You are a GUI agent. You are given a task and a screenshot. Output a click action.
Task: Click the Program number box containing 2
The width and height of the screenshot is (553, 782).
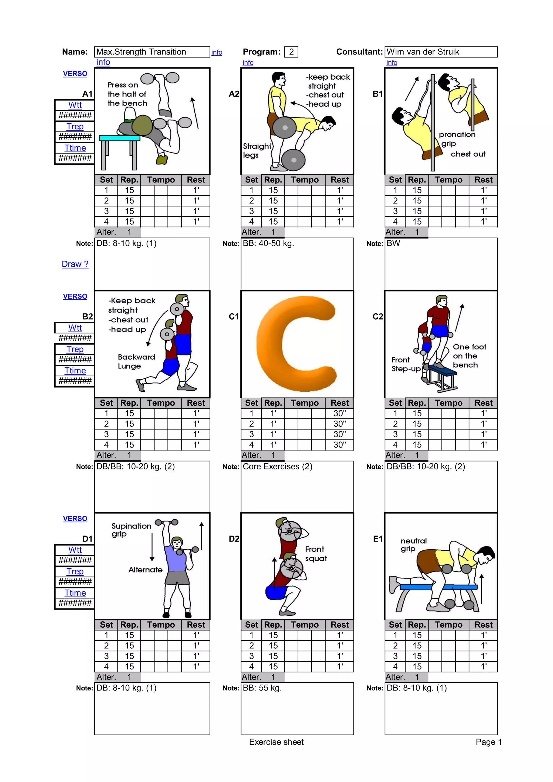click(291, 52)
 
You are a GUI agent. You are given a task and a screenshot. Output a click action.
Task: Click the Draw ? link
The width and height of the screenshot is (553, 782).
click(75, 264)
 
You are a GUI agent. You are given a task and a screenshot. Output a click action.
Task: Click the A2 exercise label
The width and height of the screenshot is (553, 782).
click(234, 94)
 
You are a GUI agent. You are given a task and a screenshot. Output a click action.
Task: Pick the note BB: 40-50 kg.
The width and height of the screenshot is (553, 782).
click(268, 243)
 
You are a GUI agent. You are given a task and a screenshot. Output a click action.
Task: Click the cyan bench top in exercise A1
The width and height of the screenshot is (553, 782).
click(119, 138)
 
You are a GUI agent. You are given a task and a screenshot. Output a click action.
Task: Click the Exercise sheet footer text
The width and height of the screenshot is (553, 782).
click(276, 742)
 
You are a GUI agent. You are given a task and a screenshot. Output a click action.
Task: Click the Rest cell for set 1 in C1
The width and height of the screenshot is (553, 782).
click(339, 413)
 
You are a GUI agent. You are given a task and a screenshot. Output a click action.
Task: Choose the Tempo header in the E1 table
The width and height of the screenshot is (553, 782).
click(449, 625)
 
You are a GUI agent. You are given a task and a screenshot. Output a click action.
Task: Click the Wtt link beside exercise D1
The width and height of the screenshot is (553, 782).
click(75, 550)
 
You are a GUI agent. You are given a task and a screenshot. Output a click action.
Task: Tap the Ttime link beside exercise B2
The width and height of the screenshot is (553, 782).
click(75, 371)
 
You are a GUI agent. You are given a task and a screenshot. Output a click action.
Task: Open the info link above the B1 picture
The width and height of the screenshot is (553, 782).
click(392, 63)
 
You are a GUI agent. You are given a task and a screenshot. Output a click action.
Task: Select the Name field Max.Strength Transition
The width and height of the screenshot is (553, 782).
click(152, 52)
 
